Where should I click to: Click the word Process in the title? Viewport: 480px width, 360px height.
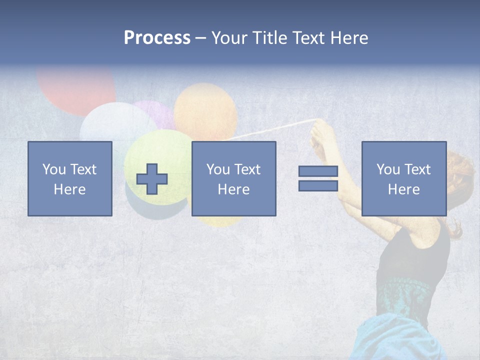[x=157, y=38]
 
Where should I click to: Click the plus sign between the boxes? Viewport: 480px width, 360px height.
[x=152, y=179]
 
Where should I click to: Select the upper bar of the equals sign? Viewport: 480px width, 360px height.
[x=318, y=171]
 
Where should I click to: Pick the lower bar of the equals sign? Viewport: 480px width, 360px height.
[x=318, y=186]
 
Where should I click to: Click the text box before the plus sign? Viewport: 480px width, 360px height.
[x=70, y=178]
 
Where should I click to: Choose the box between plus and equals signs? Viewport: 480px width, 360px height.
[x=233, y=178]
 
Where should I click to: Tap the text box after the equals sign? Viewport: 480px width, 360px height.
[x=403, y=178]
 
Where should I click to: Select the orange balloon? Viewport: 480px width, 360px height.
[x=205, y=110]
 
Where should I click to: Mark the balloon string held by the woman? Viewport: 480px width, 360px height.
[x=270, y=128]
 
